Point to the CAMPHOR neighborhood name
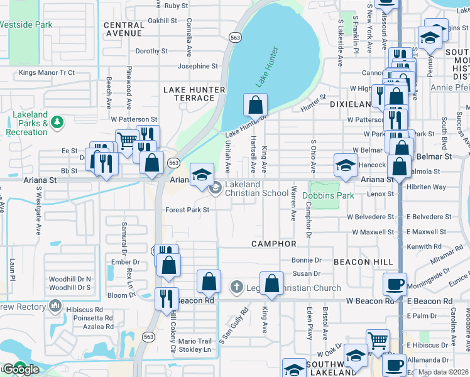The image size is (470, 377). coord(273,243)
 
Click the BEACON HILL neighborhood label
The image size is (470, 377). coord(363,261)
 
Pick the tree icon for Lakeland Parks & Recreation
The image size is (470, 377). coord(57,121)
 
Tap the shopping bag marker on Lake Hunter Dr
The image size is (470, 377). coord(255,106)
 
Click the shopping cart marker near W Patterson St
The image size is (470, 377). coord(127,140)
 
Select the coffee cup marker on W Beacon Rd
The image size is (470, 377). coord(395,284)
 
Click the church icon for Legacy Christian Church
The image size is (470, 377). coord(236,288)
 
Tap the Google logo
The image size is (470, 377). coord(20,369)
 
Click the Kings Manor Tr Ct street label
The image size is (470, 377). coord(46,73)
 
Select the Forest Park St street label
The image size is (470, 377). coord(187,210)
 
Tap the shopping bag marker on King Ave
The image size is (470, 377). coord(271,284)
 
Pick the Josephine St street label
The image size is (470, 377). coord(197,66)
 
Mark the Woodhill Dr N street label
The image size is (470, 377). coord(70,278)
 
